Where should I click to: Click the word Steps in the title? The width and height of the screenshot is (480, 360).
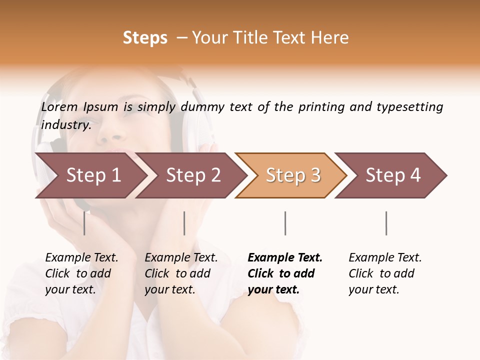[145, 38]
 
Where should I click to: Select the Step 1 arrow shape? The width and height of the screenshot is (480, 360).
[90, 175]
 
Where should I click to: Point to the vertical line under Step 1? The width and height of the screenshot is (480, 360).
[84, 223]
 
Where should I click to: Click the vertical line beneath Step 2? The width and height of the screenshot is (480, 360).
[184, 223]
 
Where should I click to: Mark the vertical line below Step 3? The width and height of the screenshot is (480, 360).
[285, 223]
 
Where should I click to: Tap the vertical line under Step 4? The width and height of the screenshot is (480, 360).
[386, 223]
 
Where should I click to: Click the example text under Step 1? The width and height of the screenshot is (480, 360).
[81, 273]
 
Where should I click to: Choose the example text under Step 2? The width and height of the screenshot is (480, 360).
[181, 273]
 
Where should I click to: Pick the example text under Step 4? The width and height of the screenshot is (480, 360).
[385, 273]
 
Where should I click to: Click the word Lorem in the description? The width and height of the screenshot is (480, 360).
[59, 107]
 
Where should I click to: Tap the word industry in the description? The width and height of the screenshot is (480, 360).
[65, 125]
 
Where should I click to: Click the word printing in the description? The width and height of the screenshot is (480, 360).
[321, 107]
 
